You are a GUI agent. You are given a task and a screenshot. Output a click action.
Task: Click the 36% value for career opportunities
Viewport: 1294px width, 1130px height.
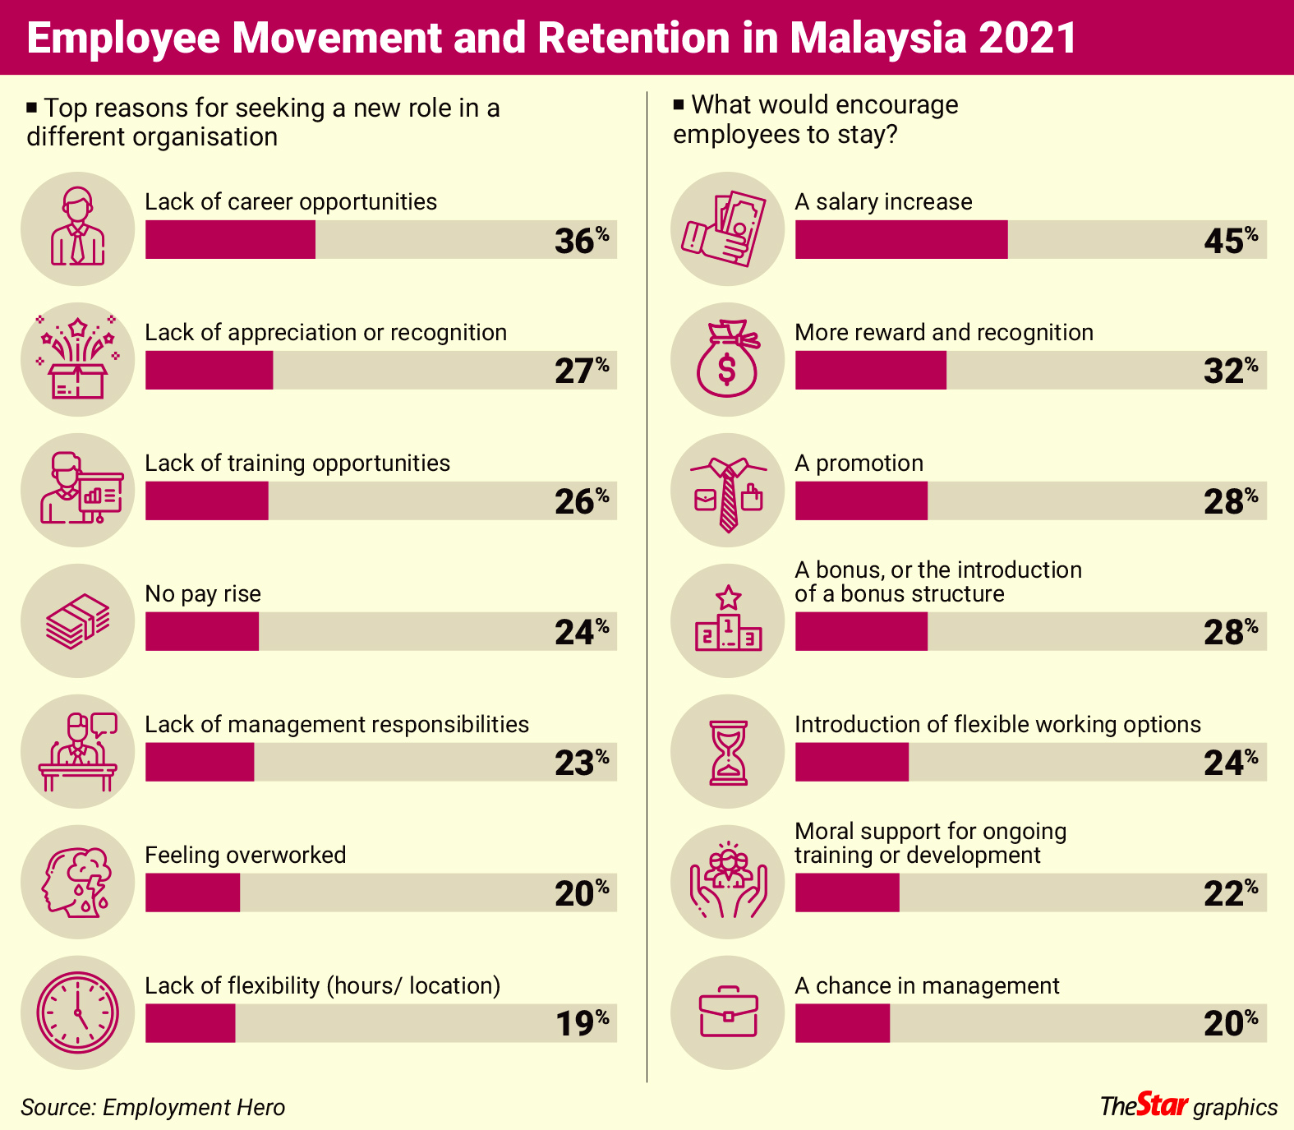click(x=581, y=240)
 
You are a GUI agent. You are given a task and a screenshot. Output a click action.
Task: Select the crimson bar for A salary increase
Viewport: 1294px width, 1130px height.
click(x=900, y=239)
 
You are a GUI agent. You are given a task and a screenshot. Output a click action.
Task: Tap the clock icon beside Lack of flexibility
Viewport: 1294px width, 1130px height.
click(x=77, y=1012)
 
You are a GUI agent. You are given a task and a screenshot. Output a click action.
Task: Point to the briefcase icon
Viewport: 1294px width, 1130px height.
click(x=728, y=1012)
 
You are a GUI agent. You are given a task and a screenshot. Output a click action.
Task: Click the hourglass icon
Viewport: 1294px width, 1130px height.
click(x=728, y=752)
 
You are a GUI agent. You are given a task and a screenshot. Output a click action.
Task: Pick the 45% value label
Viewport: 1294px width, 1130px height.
click(x=1230, y=240)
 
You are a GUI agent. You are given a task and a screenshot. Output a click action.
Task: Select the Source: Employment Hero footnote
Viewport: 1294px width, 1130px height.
click(x=153, y=1108)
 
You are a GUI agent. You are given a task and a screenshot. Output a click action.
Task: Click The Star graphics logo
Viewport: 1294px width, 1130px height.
click(x=1188, y=1106)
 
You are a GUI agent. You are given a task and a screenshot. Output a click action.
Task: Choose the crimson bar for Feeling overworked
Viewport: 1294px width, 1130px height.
click(x=192, y=892)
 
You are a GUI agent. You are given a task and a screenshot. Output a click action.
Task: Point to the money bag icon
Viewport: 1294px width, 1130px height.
click(x=727, y=359)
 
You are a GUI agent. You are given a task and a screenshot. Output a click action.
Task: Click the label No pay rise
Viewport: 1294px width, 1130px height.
click(x=203, y=593)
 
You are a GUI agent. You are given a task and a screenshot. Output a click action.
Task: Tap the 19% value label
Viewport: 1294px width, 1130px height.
click(x=582, y=1023)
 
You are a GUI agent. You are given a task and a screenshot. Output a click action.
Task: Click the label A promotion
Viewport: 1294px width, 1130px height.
click(x=859, y=463)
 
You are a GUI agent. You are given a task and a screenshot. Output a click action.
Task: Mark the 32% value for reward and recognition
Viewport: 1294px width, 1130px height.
click(x=1230, y=371)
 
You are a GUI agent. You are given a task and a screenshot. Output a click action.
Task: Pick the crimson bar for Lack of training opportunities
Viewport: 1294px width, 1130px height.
click(x=206, y=500)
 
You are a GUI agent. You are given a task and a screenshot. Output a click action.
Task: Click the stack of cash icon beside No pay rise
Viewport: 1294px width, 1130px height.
click(x=77, y=620)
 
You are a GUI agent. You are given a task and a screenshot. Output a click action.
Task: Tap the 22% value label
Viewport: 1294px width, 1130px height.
click(x=1230, y=892)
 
